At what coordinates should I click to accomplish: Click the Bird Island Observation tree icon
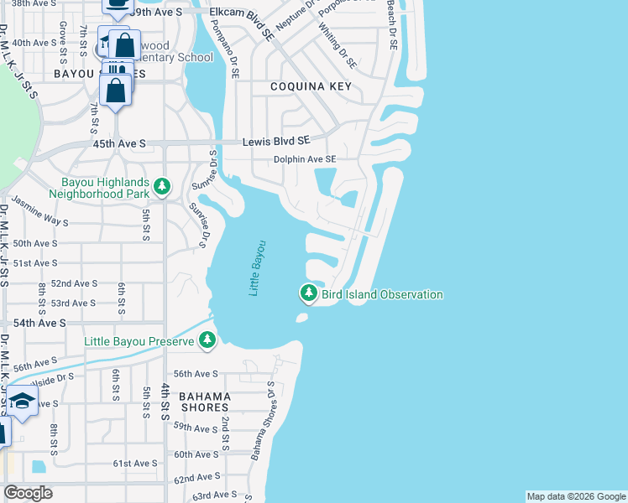(309, 293)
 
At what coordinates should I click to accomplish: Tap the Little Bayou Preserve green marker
(207, 340)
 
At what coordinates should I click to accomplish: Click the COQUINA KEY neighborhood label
(310, 86)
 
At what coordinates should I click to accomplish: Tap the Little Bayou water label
(258, 267)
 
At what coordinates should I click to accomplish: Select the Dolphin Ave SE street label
(305, 159)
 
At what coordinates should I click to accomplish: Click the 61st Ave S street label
(136, 463)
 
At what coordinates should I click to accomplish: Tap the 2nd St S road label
(225, 428)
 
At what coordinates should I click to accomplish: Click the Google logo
(28, 493)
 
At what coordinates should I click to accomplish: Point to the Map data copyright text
(575, 496)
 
